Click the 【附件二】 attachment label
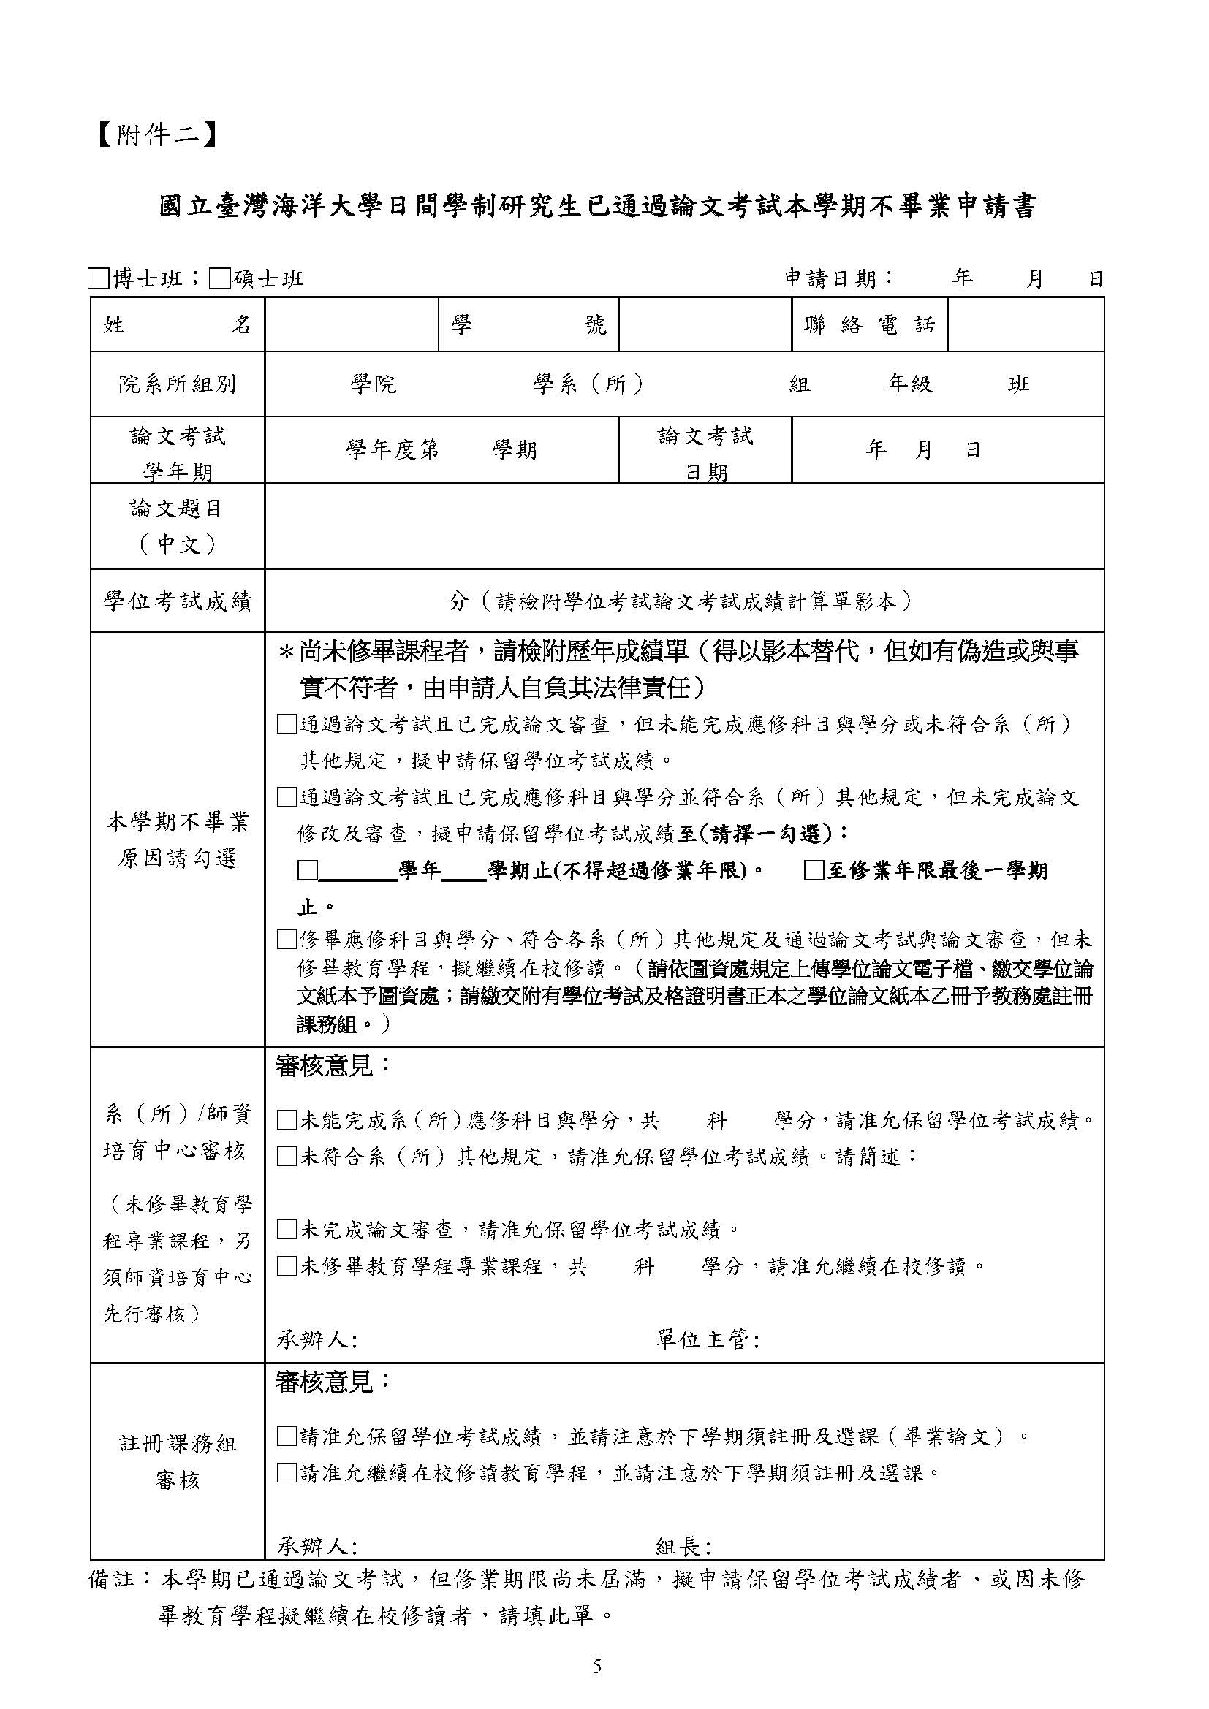tap(157, 134)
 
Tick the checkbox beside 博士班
tap(97, 279)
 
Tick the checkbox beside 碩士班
tap(219, 279)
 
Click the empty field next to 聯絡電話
tap(1025, 324)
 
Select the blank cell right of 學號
tap(704, 324)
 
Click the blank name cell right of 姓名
tap(352, 324)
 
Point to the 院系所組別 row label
tap(177, 384)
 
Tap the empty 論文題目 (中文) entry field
tap(683, 526)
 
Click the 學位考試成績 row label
tap(177, 601)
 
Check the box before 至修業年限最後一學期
tap(814, 871)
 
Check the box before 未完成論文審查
tap(287, 1230)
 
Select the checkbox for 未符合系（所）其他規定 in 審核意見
tap(287, 1157)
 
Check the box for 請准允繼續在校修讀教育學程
tap(287, 1472)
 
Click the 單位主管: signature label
tap(707, 1341)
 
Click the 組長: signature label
tap(683, 1547)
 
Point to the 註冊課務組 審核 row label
tap(177, 1461)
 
